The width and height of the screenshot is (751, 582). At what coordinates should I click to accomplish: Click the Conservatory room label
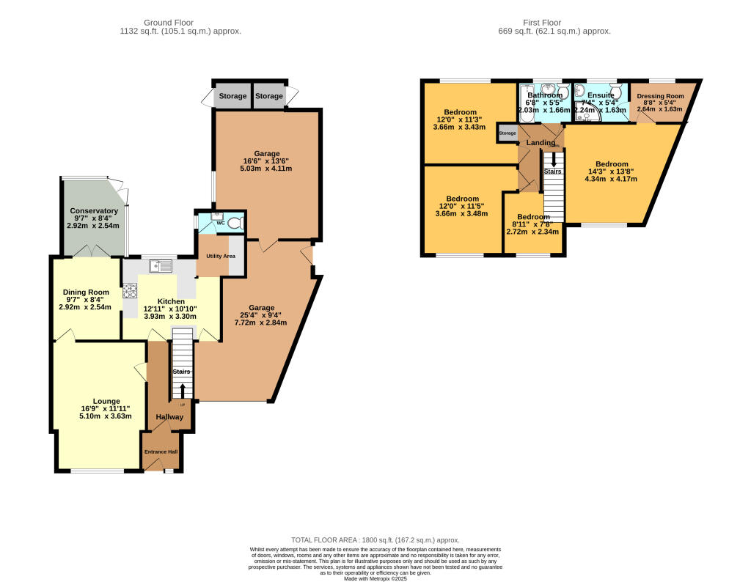point(94,211)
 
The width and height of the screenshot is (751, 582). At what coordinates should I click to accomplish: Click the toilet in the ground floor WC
point(234,222)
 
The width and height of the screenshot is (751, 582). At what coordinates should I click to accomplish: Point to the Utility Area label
point(220,256)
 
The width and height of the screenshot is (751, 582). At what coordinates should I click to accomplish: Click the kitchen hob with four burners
point(131,290)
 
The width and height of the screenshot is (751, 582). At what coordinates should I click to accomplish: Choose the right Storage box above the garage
point(269,96)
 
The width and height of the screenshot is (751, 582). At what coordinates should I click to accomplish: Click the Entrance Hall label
point(161,452)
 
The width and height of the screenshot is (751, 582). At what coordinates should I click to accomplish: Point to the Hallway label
point(169,417)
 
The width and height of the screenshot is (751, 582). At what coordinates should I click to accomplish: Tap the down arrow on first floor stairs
point(554,158)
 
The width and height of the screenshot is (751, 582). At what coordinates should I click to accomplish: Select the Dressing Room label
point(660,96)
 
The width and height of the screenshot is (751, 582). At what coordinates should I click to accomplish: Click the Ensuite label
point(600,95)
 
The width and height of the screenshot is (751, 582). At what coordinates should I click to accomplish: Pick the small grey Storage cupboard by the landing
point(508,133)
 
